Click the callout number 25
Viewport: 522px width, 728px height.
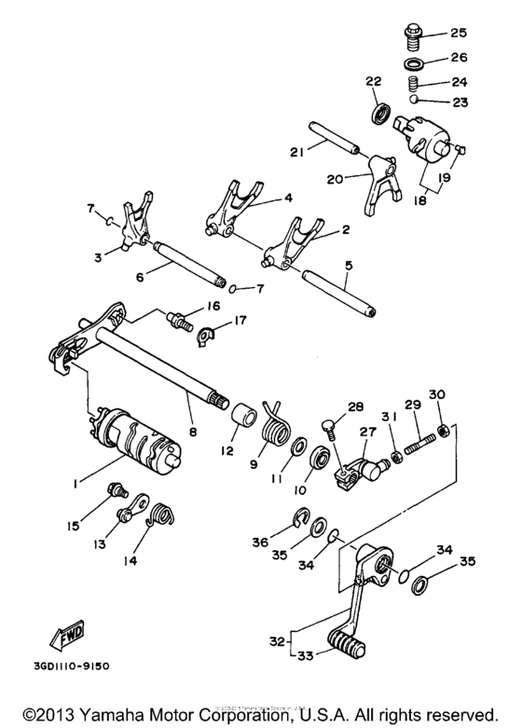(x=459, y=34)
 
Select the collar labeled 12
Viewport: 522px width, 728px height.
(x=242, y=414)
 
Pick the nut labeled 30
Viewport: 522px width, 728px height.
(x=445, y=430)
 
